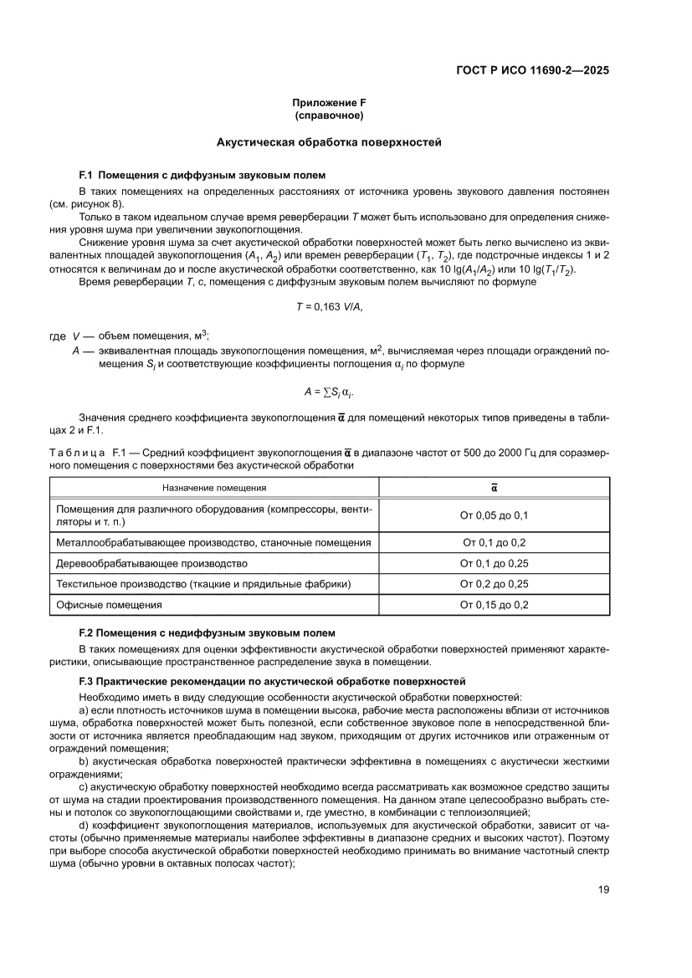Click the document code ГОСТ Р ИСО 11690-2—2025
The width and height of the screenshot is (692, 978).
(x=531, y=70)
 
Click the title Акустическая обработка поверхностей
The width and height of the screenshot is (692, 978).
(x=329, y=143)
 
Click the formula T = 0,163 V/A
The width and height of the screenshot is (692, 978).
(x=329, y=307)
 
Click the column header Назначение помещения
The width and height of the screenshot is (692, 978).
(x=214, y=488)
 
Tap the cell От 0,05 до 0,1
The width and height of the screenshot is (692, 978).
(x=494, y=515)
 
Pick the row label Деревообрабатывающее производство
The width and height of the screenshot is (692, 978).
(x=151, y=563)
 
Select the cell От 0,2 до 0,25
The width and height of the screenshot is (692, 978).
(x=494, y=583)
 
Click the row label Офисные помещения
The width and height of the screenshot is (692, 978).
(x=109, y=604)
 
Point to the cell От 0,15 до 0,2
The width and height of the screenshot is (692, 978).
(x=494, y=604)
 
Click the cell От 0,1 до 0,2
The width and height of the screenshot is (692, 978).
(x=494, y=542)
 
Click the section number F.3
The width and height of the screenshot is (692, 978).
(x=87, y=683)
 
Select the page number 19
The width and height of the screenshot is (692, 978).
(x=602, y=890)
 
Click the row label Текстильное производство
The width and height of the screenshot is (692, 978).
(x=203, y=583)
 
